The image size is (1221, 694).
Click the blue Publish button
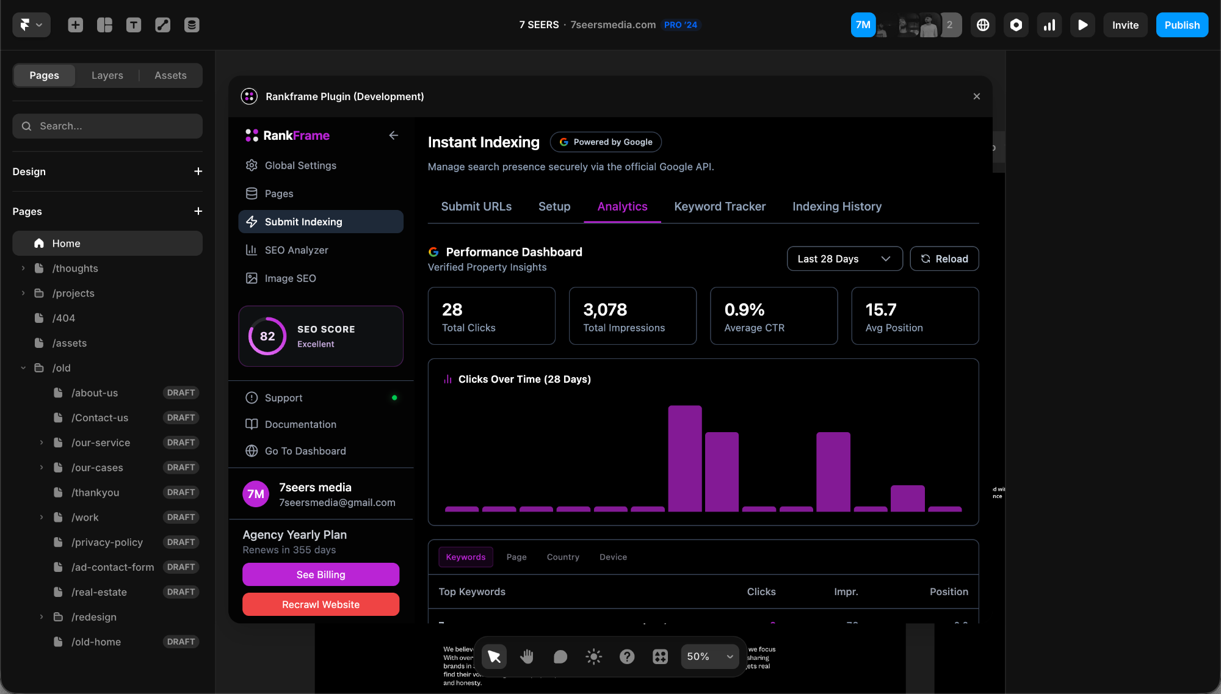(x=1181, y=25)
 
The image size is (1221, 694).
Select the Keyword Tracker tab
(x=719, y=206)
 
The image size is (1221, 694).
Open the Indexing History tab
(x=836, y=206)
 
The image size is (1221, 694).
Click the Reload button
(x=944, y=259)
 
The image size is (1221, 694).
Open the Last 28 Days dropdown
(x=844, y=259)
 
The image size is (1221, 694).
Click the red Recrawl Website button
(x=321, y=604)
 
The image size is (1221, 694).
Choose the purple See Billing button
(x=321, y=574)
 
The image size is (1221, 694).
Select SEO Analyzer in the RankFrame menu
(x=296, y=250)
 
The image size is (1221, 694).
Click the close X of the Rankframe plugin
(x=976, y=96)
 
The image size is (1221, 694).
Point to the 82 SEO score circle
(x=267, y=336)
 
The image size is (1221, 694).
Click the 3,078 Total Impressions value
(x=604, y=310)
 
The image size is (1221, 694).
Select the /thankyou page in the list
(x=95, y=493)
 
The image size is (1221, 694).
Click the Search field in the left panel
(x=107, y=126)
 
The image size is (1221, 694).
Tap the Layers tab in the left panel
(x=107, y=75)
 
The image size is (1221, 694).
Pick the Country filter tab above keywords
(x=562, y=557)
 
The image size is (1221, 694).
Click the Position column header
(x=948, y=591)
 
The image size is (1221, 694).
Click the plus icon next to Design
(x=198, y=172)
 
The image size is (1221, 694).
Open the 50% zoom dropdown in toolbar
(x=709, y=656)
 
